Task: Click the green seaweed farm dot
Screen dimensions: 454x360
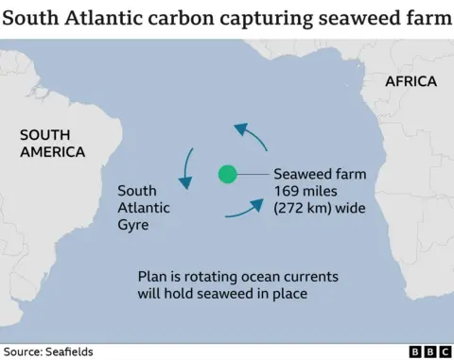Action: [227, 174]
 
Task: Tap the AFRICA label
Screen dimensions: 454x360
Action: [410, 81]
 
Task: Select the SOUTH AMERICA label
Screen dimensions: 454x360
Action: [53, 144]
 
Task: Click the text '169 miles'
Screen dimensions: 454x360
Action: [305, 192]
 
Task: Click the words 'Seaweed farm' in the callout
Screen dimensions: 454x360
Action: [320, 175]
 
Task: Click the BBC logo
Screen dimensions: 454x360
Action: [429, 351]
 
